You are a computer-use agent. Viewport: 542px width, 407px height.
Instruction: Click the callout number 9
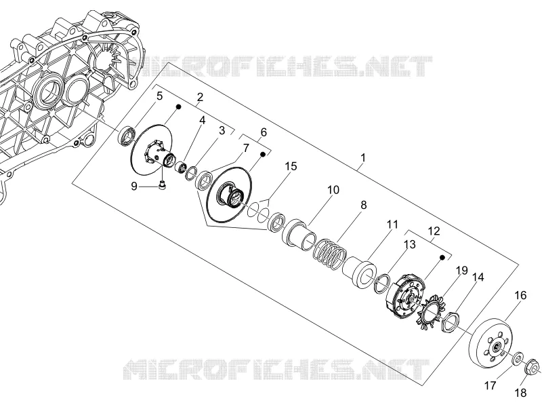tap(134, 187)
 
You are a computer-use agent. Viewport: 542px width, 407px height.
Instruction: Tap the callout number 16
tap(520, 295)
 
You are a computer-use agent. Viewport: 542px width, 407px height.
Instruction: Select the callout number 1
tap(363, 158)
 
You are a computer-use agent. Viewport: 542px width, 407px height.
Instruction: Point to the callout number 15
tap(291, 166)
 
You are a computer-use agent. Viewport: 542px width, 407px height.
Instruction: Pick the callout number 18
tap(520, 393)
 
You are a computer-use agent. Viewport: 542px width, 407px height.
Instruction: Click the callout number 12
tap(434, 231)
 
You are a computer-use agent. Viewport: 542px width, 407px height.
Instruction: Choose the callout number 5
tap(159, 96)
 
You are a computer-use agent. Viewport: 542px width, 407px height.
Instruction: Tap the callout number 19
tap(462, 270)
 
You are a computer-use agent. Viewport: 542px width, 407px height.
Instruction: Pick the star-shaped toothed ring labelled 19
tap(431, 311)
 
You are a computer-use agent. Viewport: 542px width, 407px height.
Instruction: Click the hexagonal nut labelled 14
tap(451, 322)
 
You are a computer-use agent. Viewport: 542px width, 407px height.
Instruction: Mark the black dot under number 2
tap(179, 107)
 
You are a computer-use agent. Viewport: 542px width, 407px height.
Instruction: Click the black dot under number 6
tap(263, 154)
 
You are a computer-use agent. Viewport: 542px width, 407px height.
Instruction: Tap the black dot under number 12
tap(442, 258)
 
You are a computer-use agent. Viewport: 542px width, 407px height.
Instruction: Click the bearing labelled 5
tap(127, 135)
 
